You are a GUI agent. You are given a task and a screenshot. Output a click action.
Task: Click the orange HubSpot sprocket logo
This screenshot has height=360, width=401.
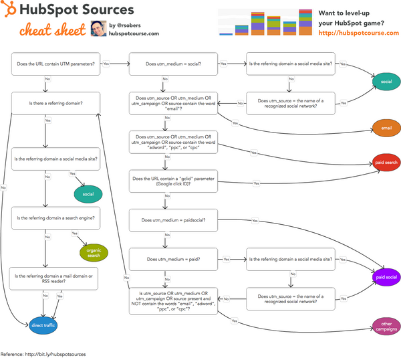[x=9, y=11]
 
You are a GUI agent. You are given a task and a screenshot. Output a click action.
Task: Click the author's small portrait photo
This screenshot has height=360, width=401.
[x=97, y=29]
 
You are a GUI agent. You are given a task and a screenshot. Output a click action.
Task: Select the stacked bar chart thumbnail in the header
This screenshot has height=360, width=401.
[x=265, y=23]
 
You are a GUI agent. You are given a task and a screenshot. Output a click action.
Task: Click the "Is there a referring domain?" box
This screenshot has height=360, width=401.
[x=56, y=103]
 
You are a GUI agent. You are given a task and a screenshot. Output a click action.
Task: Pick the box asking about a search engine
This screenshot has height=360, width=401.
[x=56, y=217]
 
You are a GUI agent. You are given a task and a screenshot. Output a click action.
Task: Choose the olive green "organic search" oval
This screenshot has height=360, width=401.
[x=93, y=252]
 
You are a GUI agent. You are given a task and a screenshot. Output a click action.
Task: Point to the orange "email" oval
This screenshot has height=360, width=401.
[x=386, y=127]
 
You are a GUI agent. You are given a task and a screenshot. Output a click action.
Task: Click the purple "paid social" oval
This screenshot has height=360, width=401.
[x=386, y=276]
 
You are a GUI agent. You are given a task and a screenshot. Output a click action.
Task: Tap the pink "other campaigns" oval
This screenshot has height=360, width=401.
[x=386, y=327]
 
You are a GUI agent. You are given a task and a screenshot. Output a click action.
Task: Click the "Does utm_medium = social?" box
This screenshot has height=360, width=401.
[x=173, y=64]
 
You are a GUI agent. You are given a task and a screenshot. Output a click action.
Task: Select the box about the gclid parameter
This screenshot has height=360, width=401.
[x=173, y=182]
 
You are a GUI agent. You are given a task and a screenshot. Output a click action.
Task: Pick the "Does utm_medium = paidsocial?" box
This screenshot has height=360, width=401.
[x=173, y=219]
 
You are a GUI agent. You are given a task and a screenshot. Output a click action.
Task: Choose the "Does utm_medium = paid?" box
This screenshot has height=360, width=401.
[x=173, y=258]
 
